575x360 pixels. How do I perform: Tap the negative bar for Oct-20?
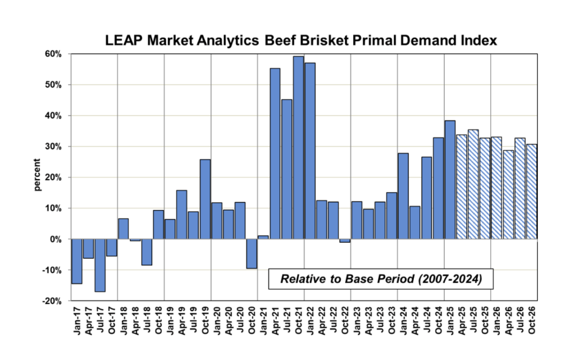[252, 253]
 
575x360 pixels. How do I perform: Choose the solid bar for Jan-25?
[450, 180]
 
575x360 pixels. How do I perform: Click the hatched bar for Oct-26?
[532, 192]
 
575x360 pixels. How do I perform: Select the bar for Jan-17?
[77, 261]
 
